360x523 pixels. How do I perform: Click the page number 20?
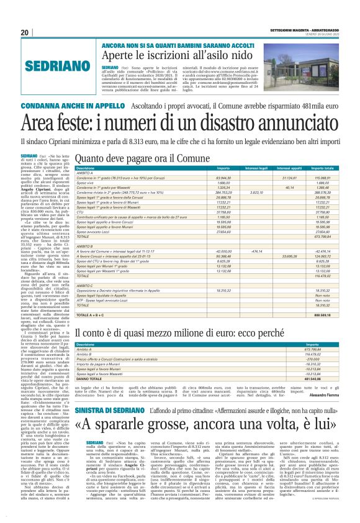[x=24, y=32]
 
